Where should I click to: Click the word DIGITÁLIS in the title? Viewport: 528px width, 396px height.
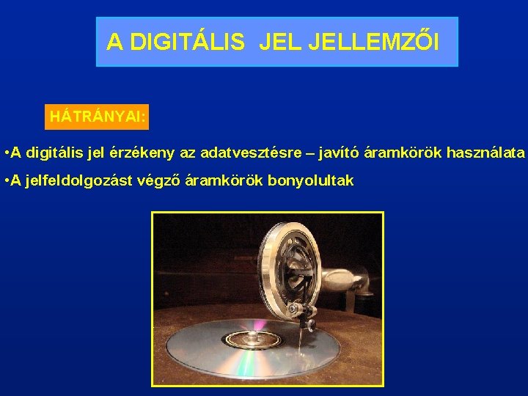pyautogui.click(x=186, y=43)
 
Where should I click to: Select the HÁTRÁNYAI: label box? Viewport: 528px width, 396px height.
pyautogui.click(x=96, y=117)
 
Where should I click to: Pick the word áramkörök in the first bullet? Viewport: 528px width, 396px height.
pyautogui.click(x=398, y=153)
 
